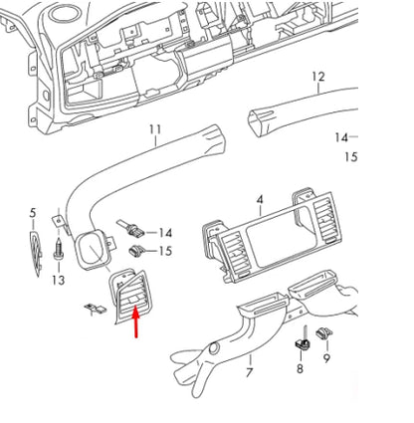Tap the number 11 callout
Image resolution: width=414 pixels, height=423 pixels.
click(154, 130)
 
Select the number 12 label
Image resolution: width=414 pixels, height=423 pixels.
click(317, 76)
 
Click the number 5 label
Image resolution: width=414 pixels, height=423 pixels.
click(32, 214)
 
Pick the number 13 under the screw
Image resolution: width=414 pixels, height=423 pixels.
click(59, 282)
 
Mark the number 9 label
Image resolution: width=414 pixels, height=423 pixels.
click(327, 350)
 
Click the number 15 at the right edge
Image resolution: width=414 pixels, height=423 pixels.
click(350, 157)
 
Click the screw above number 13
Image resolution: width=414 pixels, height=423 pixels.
click(62, 249)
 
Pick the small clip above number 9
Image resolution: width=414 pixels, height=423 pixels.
click(323, 331)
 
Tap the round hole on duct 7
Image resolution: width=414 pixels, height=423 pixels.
click(212, 347)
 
